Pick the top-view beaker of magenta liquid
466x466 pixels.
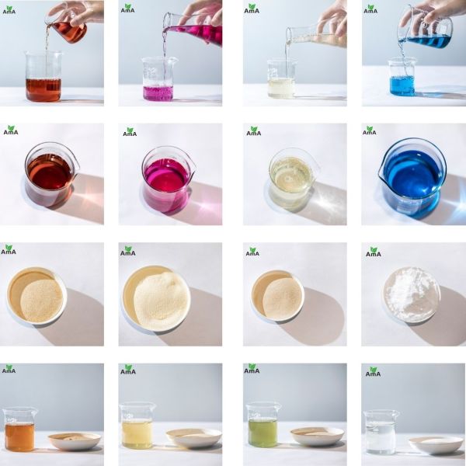[167, 178]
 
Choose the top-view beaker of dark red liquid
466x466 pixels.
[50, 175]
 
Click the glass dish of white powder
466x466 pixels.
[412, 294]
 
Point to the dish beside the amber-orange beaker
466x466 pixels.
[75, 440]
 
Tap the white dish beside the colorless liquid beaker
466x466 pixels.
[436, 443]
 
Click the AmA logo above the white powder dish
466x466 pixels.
[374, 252]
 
